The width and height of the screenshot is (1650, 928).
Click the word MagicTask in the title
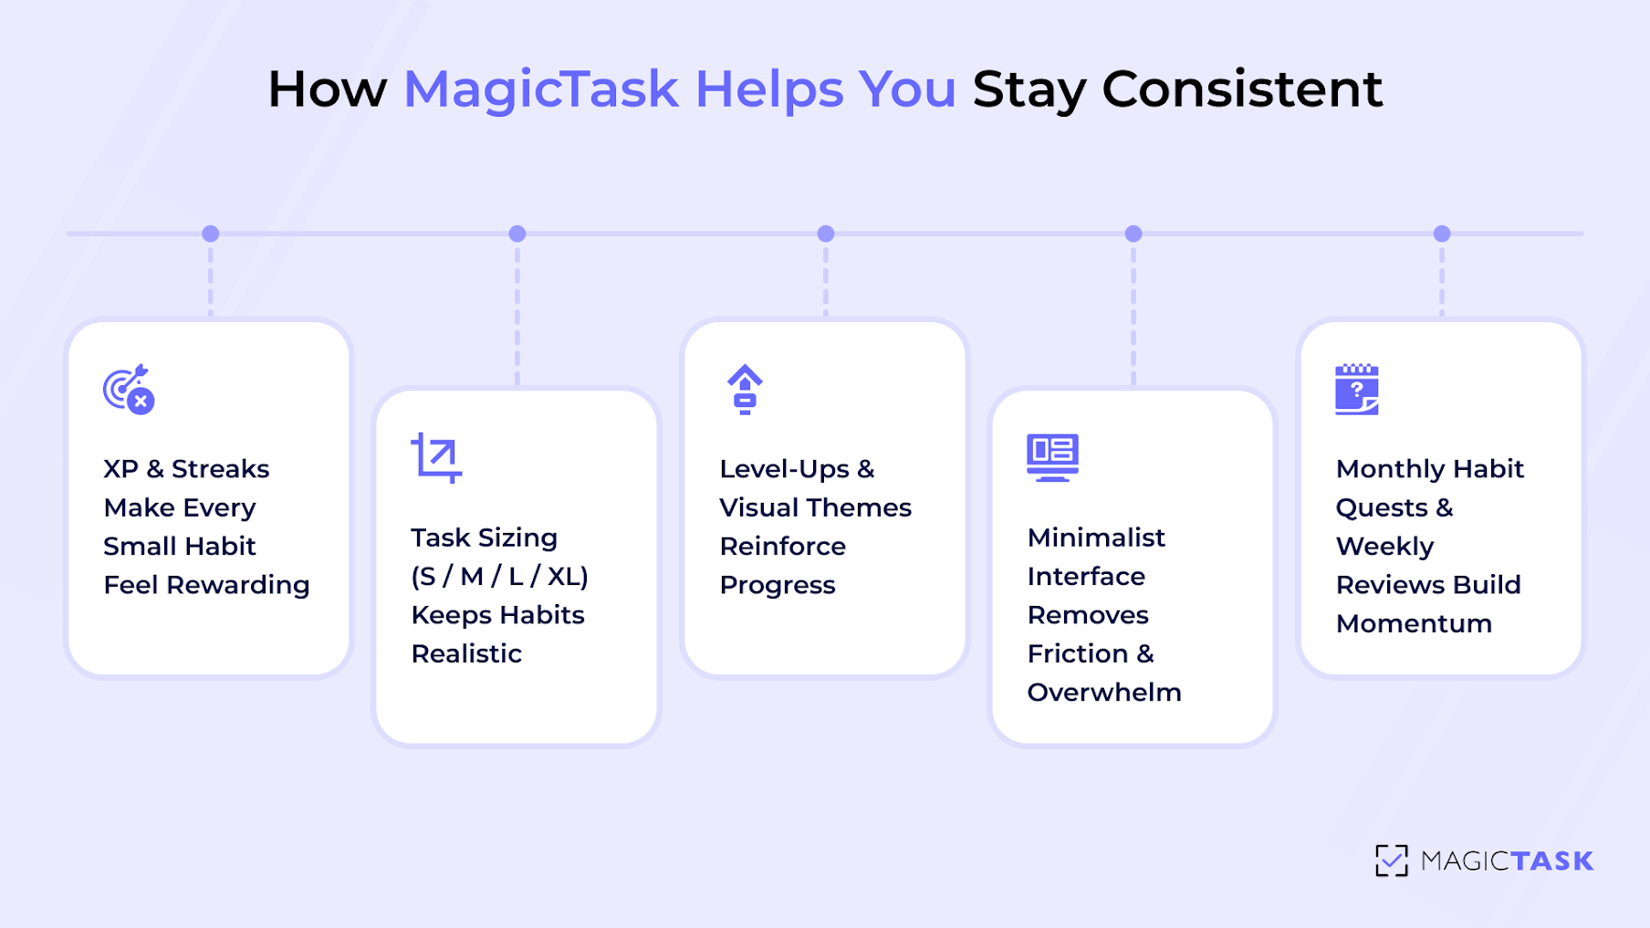[x=540, y=89]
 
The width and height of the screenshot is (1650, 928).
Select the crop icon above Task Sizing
[x=436, y=457]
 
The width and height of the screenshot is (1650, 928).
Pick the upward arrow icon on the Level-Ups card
[x=745, y=390]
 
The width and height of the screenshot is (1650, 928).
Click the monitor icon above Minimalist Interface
[x=1052, y=457]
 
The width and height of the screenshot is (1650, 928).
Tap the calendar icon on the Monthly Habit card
[x=1357, y=390]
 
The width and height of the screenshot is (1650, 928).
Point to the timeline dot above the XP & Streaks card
[x=211, y=234]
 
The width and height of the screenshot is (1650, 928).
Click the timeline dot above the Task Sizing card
[x=517, y=234]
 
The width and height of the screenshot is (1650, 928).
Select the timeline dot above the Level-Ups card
[x=826, y=234]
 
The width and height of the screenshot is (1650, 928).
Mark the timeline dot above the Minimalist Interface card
[x=1133, y=234]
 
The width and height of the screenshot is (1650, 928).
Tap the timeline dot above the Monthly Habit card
[x=1442, y=234]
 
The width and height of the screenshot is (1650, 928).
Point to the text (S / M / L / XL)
[x=499, y=577]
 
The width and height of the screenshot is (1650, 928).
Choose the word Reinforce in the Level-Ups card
[x=782, y=547]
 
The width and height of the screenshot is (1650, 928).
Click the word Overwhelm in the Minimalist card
[x=1104, y=693]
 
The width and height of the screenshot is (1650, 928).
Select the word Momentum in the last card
[x=1414, y=624]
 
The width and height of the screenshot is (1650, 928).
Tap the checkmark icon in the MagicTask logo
[x=1392, y=860]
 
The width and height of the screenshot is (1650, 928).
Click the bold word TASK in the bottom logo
[x=1551, y=861]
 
